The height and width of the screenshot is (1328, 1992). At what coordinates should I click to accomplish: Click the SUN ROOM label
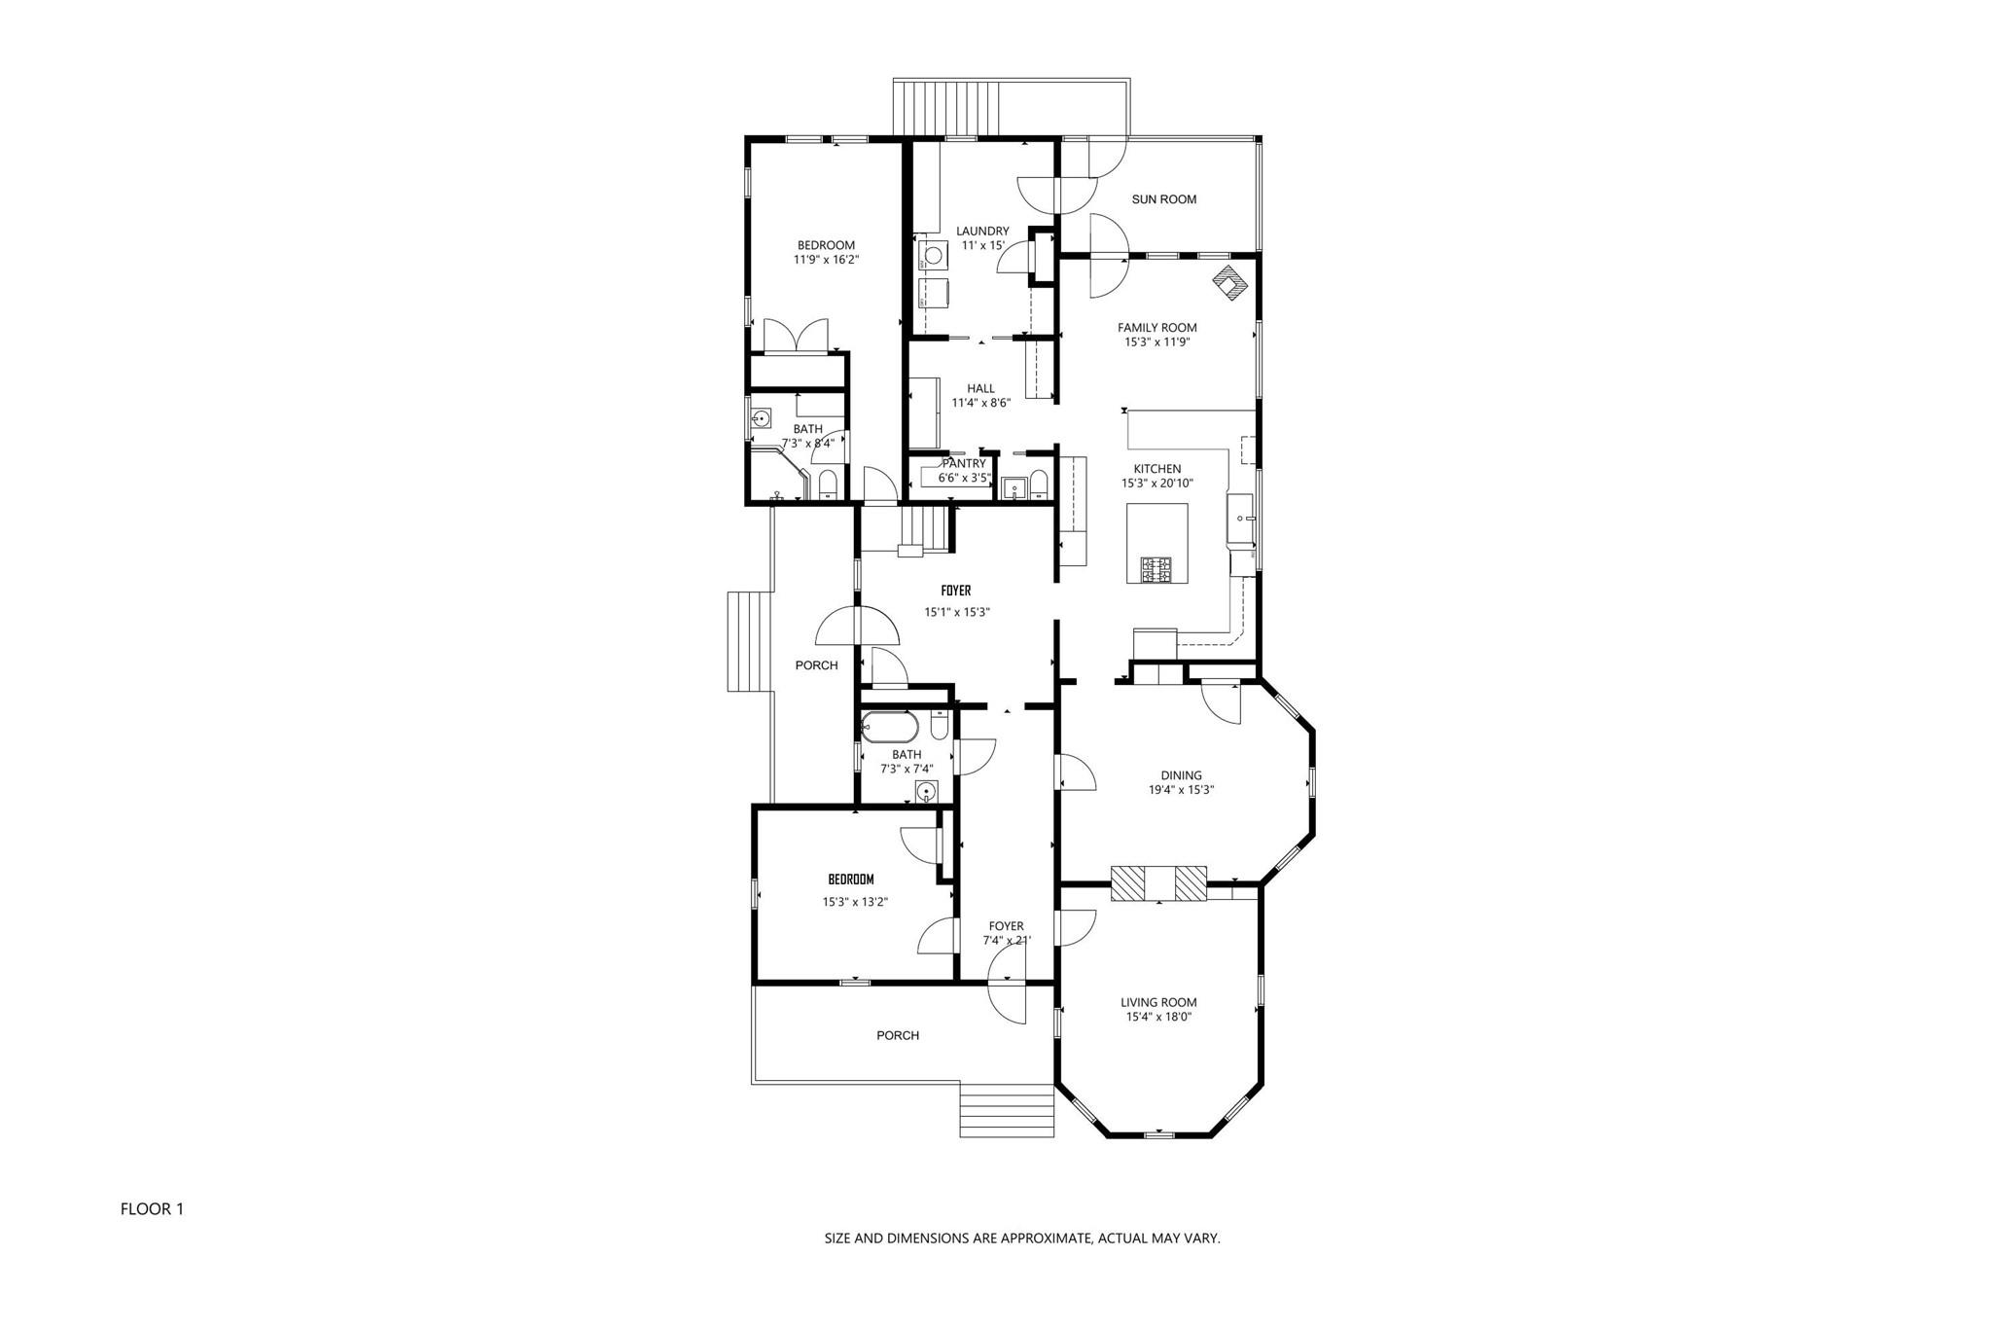(x=1163, y=199)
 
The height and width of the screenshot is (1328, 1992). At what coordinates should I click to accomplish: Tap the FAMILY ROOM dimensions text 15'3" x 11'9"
(x=1157, y=342)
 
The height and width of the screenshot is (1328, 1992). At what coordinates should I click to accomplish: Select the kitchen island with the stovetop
(x=1157, y=543)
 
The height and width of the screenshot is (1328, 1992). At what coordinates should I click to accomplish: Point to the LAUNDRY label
(x=982, y=232)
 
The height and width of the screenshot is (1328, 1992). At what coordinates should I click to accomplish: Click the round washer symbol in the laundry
(x=933, y=256)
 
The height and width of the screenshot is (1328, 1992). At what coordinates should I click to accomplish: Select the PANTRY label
(x=963, y=464)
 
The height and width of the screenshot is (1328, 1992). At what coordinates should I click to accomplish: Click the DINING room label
(x=1181, y=775)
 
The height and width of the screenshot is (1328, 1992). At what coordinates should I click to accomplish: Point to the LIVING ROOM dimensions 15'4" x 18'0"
(x=1158, y=1017)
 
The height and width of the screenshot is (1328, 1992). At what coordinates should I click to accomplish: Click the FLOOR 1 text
(x=152, y=1209)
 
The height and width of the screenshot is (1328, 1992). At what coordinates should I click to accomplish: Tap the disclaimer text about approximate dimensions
(x=1022, y=1238)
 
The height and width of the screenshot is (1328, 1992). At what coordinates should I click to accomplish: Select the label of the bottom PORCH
(x=897, y=1035)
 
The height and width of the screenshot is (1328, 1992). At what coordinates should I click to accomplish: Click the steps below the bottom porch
(x=1007, y=1109)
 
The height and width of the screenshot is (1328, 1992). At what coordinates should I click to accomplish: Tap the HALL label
(x=980, y=389)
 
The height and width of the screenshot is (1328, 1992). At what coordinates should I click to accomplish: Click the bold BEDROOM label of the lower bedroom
(x=851, y=879)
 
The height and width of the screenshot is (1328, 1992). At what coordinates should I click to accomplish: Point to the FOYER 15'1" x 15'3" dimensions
(x=956, y=613)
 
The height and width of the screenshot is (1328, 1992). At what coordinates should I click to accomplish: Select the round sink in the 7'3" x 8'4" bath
(x=762, y=419)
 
